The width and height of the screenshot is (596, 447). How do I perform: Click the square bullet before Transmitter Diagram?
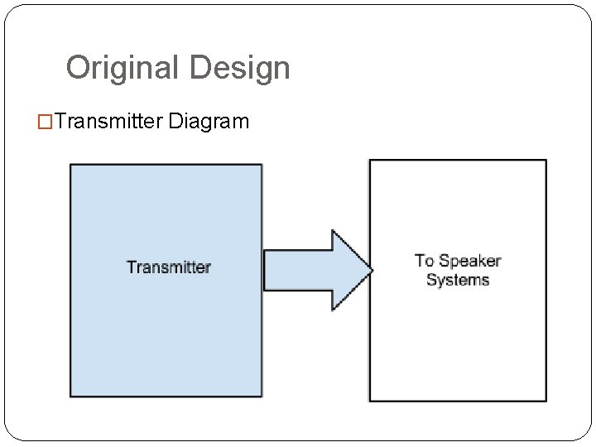coord(49,123)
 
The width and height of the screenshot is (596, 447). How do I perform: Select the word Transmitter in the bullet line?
coord(110,123)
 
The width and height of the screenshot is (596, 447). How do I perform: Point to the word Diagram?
coord(208,123)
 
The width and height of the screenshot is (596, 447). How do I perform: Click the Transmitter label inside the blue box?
coord(168,267)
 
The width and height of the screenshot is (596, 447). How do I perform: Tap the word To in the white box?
coord(425,262)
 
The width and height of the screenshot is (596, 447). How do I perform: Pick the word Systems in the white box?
coord(458,280)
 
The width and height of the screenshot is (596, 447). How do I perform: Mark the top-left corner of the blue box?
coord(70,165)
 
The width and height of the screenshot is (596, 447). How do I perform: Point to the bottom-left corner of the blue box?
coord(70,396)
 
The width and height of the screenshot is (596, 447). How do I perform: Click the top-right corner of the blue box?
coord(262,165)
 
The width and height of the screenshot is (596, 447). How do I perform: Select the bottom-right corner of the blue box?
coord(262,396)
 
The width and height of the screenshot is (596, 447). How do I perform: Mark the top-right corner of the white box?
coord(546,161)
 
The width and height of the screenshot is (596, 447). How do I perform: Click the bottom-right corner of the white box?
coord(546,401)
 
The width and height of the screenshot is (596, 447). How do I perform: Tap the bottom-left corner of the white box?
coord(369,401)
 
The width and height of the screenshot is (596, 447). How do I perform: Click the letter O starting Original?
coord(79,68)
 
